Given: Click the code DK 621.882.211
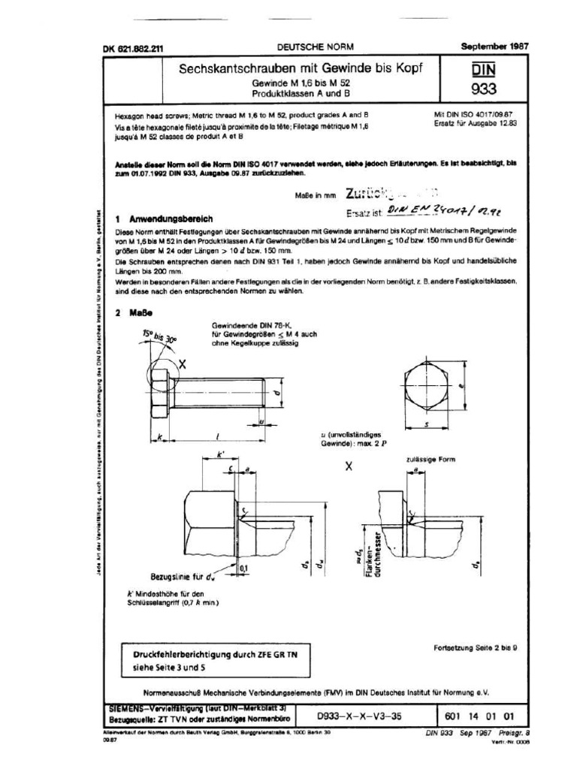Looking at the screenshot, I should point(133,48).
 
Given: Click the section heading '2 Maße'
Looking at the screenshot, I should point(135,312).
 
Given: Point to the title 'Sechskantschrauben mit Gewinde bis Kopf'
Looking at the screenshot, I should point(300,68).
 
